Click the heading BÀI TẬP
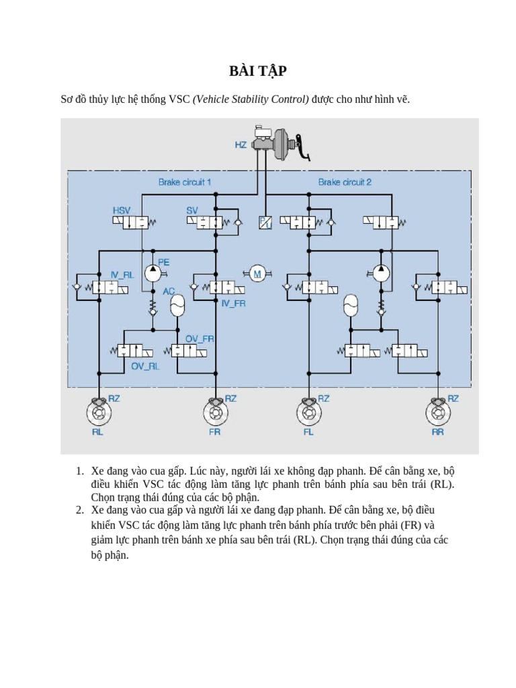point(257,71)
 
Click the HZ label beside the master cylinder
point(241,144)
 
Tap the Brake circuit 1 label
point(185,182)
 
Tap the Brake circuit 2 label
point(345,182)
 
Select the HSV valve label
point(122,210)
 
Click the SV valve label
point(192,210)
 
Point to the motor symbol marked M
point(256,273)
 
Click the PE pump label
point(163,262)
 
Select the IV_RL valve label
point(122,275)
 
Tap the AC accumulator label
point(169,292)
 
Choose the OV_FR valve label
point(200,339)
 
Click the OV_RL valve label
point(144,366)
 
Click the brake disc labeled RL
point(98,411)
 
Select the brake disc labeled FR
point(214,411)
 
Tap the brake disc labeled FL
point(308,411)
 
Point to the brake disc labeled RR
point(438,411)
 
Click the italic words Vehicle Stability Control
point(251,99)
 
